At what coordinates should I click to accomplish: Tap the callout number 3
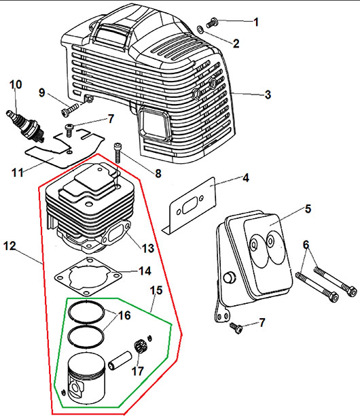coord(268,94)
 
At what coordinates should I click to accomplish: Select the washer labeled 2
coord(200,29)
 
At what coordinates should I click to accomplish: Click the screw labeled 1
coord(212,22)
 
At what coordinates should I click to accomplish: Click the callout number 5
coord(308,209)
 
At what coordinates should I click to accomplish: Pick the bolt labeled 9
coord(70,109)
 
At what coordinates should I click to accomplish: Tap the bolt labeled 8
coord(118,153)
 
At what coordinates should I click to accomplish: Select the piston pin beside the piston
coord(120,360)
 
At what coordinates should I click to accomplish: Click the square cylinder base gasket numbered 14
coord(88,276)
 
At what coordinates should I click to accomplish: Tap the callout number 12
coord(10,246)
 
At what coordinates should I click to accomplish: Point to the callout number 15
coord(156,290)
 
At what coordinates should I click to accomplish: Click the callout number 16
coord(124,315)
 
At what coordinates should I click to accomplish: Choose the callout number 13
coord(148,248)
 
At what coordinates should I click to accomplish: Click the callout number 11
coord(18,173)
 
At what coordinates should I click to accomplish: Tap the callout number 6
coord(306,245)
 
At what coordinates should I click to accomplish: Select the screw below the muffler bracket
coord(236,328)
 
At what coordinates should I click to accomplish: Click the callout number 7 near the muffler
coord(262,323)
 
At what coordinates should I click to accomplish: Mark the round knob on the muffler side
coord(230,277)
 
